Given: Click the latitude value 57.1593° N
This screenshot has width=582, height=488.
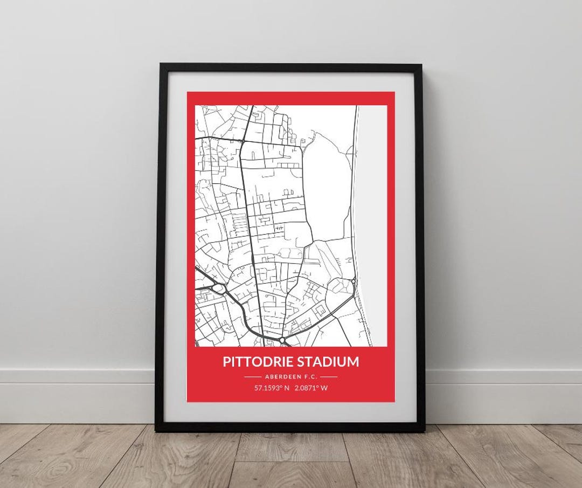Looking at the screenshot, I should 272,388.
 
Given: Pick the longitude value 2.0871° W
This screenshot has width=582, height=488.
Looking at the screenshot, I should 311,388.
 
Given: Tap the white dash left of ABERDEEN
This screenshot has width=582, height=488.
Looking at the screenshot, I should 252,376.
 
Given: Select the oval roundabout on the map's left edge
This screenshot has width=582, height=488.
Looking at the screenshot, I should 218,289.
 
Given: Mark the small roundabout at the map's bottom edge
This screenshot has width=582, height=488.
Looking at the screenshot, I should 282,340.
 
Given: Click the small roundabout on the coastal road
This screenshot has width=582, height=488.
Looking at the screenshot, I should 353,281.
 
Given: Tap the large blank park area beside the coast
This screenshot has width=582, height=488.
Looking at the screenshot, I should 326,183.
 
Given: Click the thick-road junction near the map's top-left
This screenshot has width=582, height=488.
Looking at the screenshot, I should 243,141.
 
